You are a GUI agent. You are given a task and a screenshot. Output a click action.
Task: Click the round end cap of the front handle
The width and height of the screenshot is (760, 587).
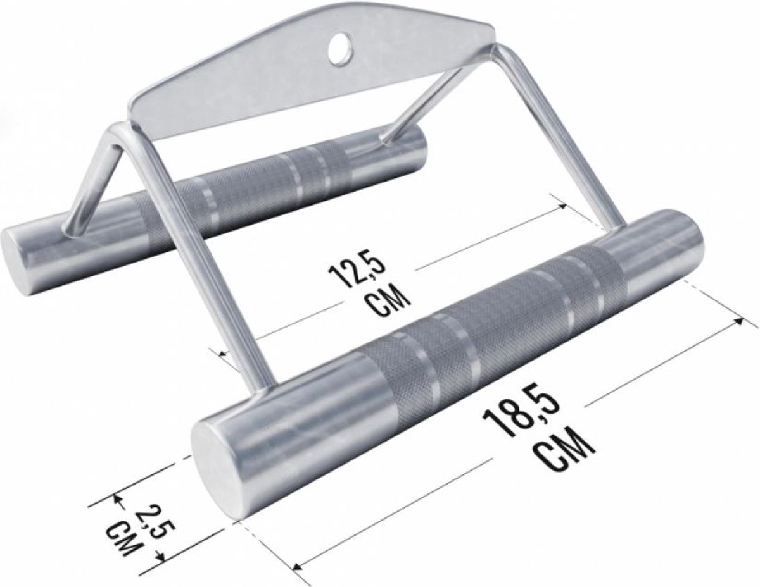point(215,462)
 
